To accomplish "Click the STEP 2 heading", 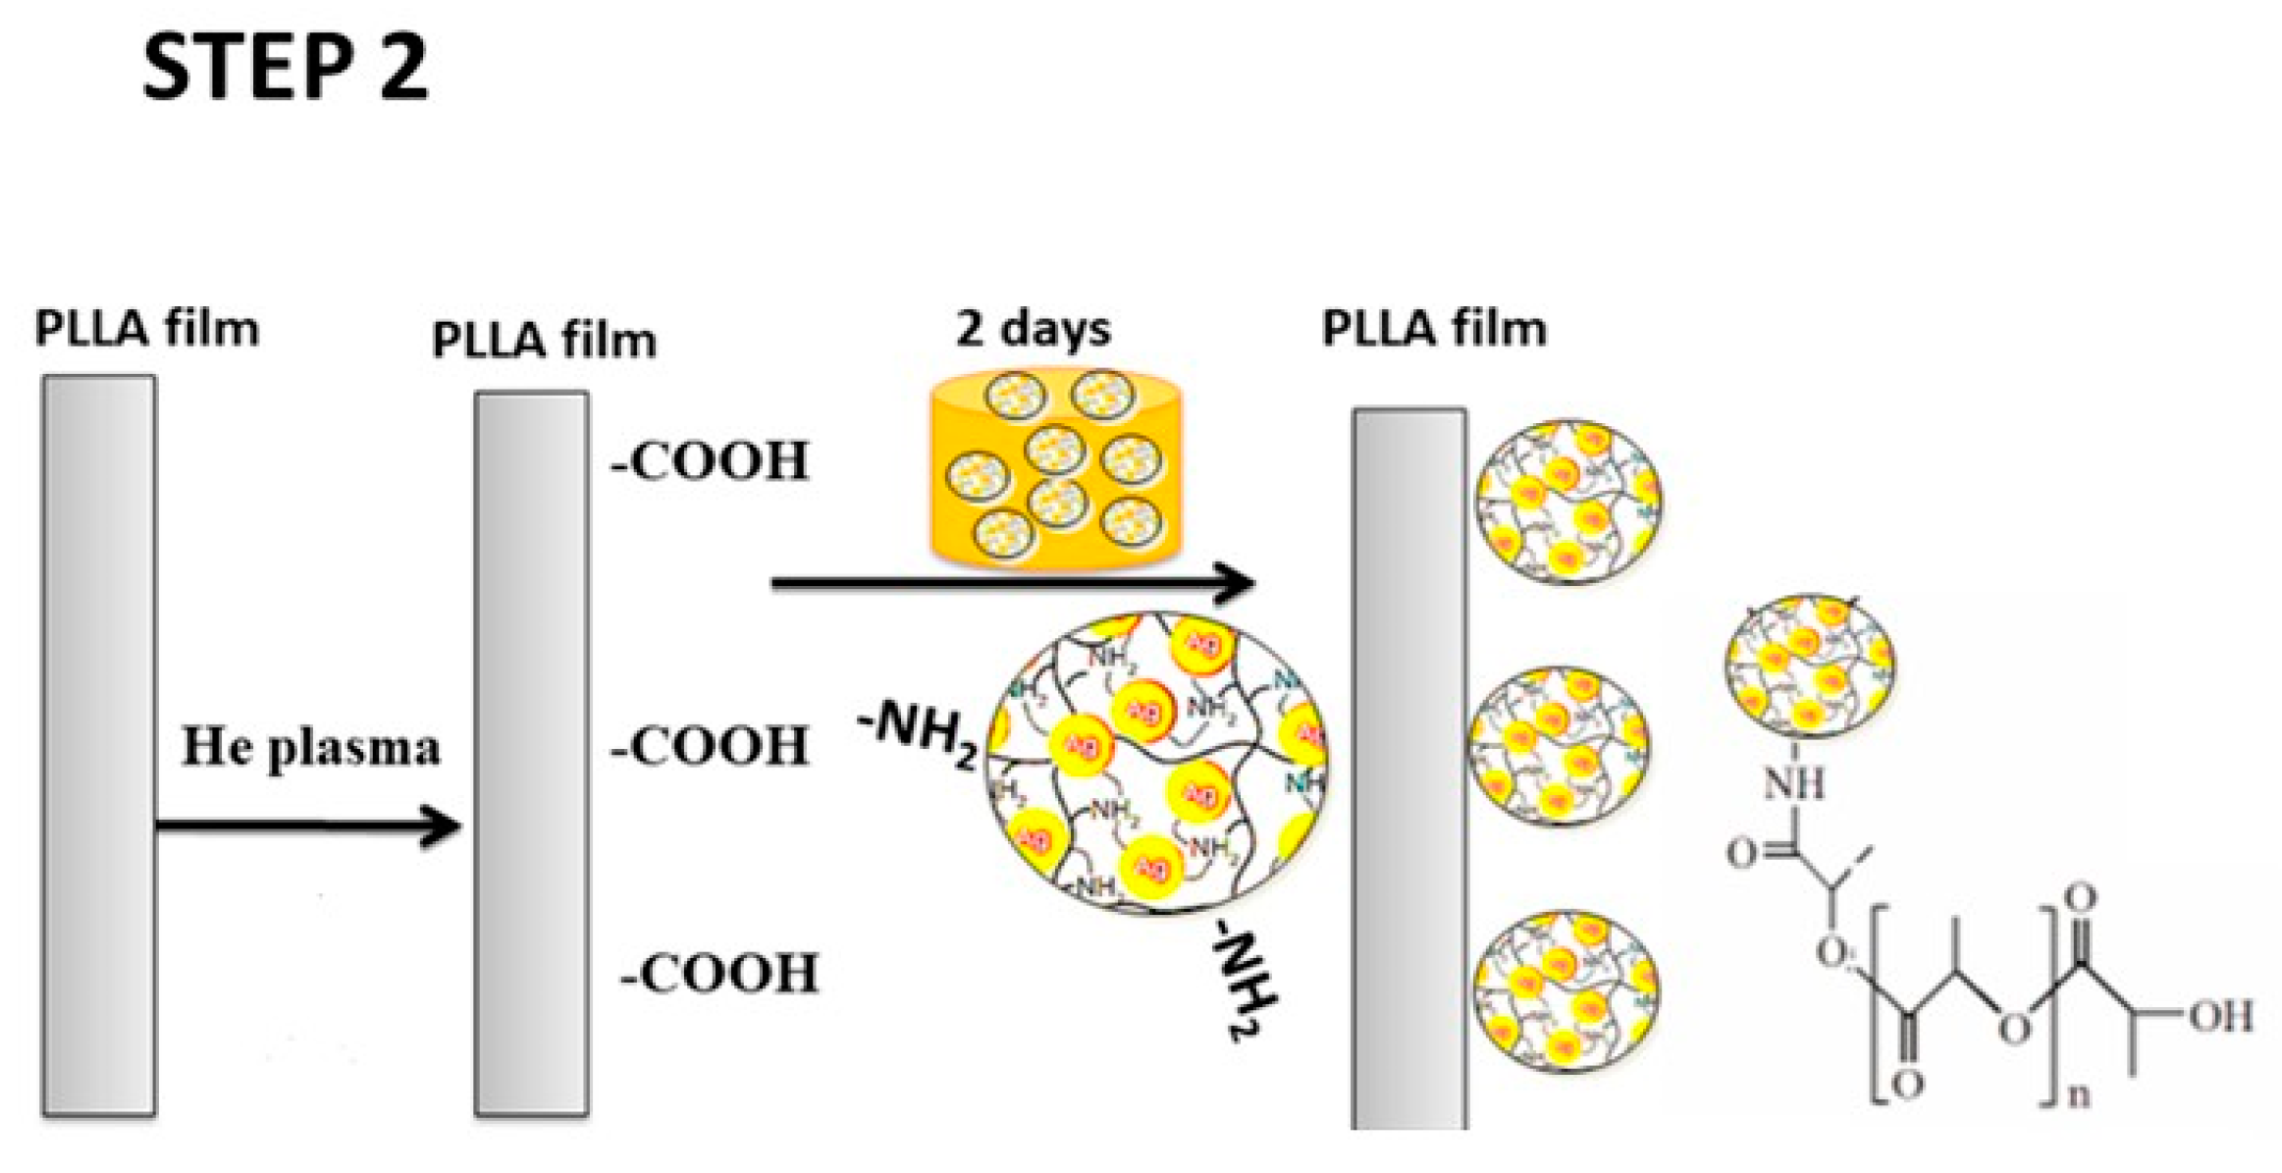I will click(x=285, y=67).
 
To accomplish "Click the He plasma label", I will click(x=311, y=747).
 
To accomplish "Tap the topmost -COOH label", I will click(x=710, y=461).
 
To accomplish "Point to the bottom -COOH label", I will click(x=719, y=974).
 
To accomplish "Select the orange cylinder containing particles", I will click(x=1056, y=469).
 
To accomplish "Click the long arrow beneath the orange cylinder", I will click(x=1011, y=583).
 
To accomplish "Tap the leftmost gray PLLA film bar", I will click(x=98, y=746).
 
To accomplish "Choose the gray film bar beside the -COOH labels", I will click(x=532, y=754).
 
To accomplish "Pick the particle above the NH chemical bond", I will click(x=1810, y=666).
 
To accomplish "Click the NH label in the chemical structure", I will click(x=1794, y=783).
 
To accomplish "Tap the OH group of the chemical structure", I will click(x=2220, y=1017).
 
